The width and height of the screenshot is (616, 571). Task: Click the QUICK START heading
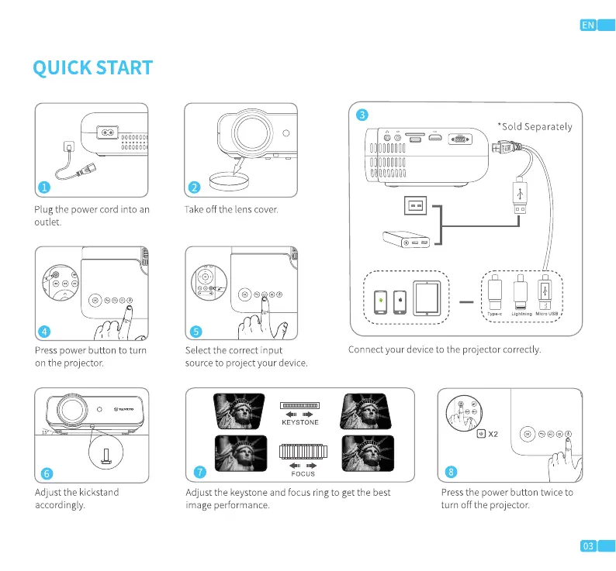(92, 67)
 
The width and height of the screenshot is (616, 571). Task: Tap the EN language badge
(588, 25)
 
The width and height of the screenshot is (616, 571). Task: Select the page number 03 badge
(588, 546)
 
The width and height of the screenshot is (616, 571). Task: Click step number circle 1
(45, 187)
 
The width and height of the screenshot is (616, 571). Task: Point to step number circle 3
(362, 115)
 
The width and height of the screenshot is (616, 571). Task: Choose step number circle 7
(199, 472)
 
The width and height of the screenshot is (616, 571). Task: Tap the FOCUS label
(303, 473)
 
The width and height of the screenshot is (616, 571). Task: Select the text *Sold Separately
(535, 126)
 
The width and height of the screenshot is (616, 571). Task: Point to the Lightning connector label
(521, 313)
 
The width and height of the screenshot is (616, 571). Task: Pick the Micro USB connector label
(548, 313)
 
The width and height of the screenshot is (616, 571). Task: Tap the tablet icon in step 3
(426, 298)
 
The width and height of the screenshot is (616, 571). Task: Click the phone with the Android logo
(381, 301)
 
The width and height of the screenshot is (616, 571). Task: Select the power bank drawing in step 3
(407, 239)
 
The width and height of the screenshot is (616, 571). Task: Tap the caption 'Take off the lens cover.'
(231, 209)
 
